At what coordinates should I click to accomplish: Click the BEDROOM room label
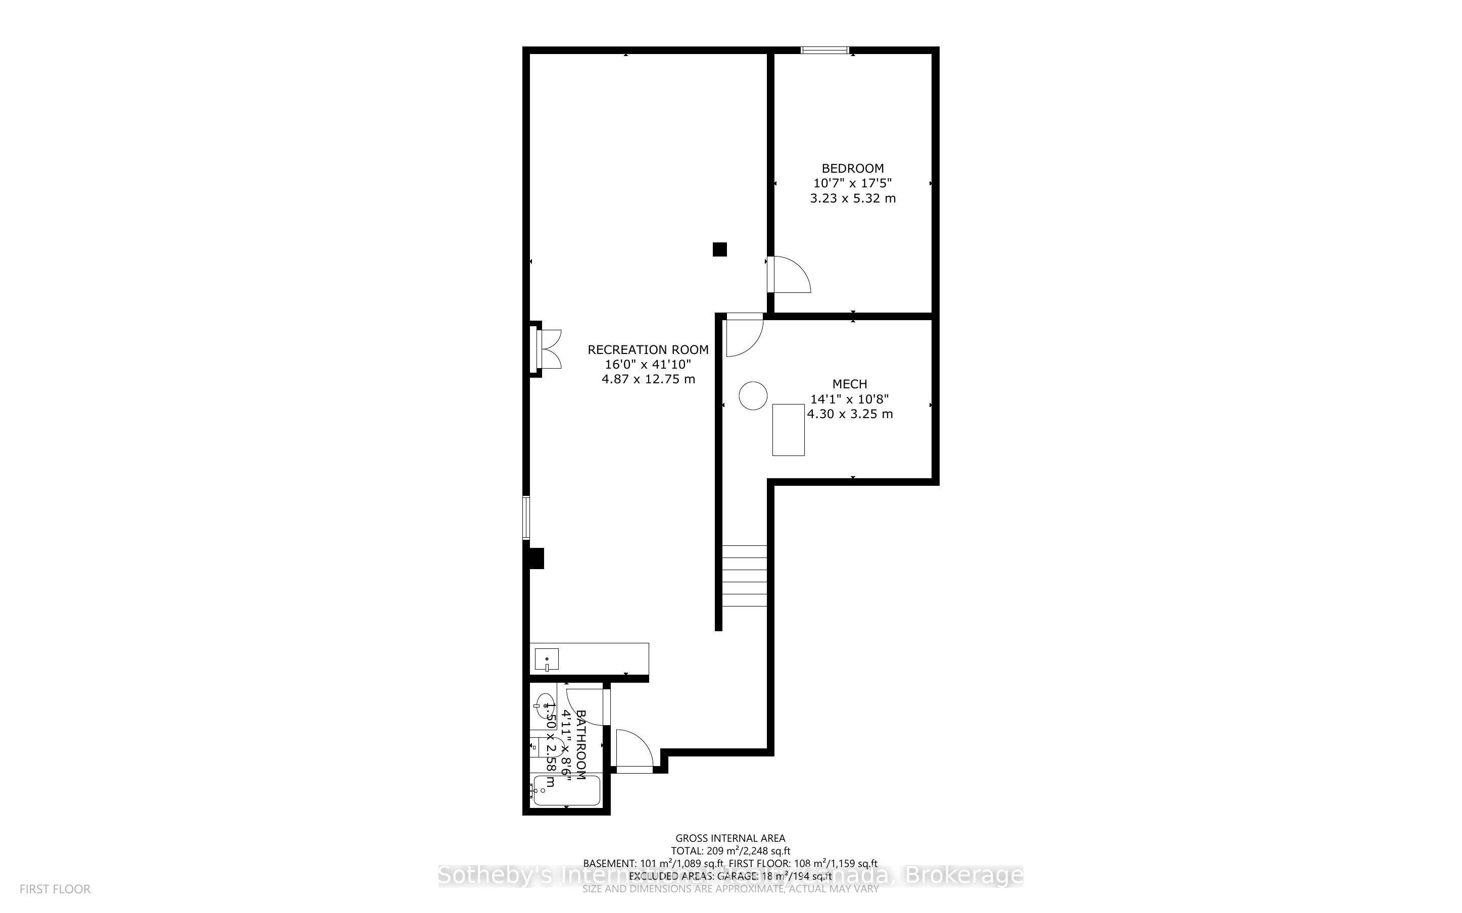pos(852,169)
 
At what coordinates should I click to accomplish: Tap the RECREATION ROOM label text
pos(648,349)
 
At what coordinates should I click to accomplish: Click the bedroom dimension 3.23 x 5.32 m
pos(852,198)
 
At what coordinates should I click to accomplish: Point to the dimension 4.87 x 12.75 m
pos(648,379)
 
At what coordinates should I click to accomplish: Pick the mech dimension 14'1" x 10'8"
pos(849,399)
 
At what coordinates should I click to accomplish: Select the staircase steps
pos(744,576)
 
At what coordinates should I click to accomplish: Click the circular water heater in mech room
pos(753,396)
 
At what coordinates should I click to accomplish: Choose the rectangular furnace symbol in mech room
pos(788,429)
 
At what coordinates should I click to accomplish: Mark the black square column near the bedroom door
pos(719,249)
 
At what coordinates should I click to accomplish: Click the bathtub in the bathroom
pos(566,790)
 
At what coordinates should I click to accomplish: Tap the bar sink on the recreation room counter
pos(547,660)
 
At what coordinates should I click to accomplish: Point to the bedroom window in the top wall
pos(824,50)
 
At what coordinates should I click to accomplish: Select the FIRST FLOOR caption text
pos(55,889)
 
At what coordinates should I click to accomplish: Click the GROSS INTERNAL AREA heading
pos(729,838)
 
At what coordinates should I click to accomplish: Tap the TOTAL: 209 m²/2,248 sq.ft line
pos(729,851)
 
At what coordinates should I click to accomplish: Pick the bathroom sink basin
pos(545,704)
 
